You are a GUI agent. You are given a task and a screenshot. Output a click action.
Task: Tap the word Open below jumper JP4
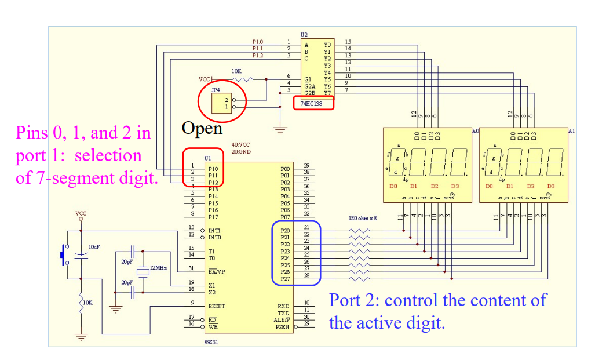pyautogui.click(x=202, y=128)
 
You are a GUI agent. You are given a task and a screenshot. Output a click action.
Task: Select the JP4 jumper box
pyautogui.click(x=221, y=103)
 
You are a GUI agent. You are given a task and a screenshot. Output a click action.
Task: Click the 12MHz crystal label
pyautogui.click(x=158, y=268)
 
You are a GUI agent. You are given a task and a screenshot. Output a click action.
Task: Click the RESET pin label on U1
pyautogui.click(x=217, y=306)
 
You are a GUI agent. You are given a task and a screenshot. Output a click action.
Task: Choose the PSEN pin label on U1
pyautogui.click(x=282, y=327)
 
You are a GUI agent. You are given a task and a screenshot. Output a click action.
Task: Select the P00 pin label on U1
pyautogui.click(x=284, y=168)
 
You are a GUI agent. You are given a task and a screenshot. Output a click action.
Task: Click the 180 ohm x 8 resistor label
pyautogui.click(x=362, y=219)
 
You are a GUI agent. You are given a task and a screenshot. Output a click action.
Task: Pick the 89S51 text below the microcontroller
pyautogui.click(x=211, y=343)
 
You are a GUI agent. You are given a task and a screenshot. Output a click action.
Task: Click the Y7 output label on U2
pyautogui.click(x=327, y=93)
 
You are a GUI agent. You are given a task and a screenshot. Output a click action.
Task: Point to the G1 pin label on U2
pyautogui.click(x=308, y=79)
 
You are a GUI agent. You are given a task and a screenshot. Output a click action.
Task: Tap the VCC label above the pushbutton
pyautogui.click(x=81, y=214)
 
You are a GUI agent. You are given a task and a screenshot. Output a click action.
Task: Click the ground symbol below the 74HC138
pyautogui.click(x=281, y=131)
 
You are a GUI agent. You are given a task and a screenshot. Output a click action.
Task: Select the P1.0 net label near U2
pyautogui.click(x=257, y=42)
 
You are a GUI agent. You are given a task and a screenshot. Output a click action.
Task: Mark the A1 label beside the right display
pyautogui.click(x=571, y=132)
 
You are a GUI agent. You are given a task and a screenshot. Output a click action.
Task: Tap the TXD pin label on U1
pyautogui.click(x=283, y=313)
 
